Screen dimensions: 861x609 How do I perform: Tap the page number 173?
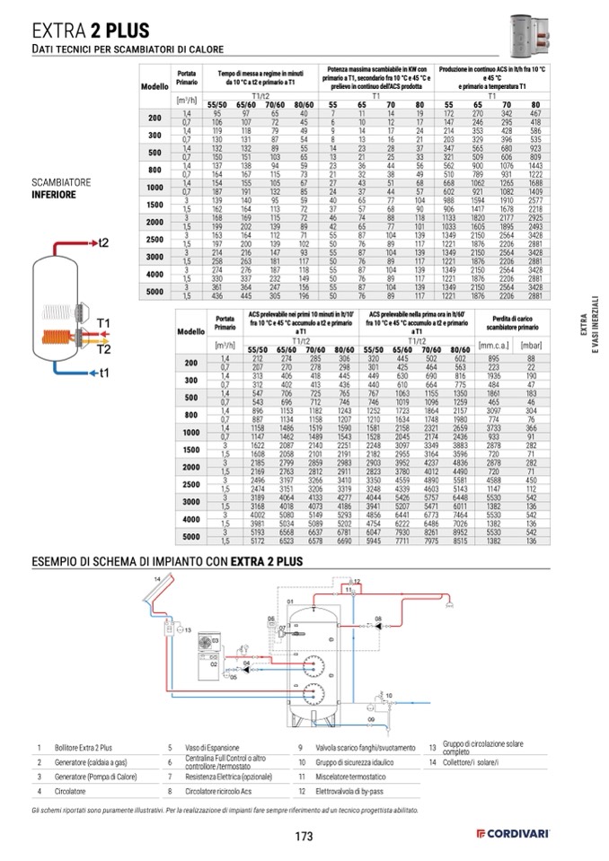304,837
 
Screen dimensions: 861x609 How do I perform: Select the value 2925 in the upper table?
536,218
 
